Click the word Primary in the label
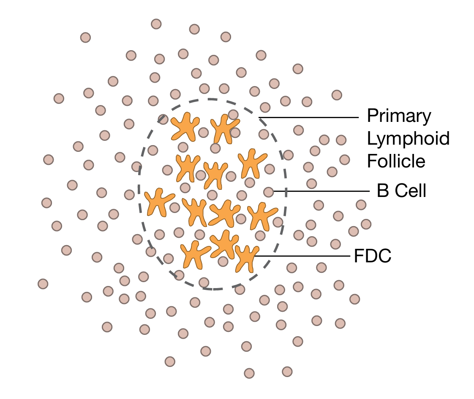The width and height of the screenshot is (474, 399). point(399,116)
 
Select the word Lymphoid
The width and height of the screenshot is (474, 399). point(408,139)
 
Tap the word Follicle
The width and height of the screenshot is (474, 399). point(396,161)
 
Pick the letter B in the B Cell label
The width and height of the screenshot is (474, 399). point(382,191)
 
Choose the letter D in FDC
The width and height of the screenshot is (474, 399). point(373,256)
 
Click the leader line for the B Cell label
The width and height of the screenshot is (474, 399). point(321,191)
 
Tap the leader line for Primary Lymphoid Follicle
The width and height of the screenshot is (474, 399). point(308,117)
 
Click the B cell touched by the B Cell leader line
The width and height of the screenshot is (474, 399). point(268,192)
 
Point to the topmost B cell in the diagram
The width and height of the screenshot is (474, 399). point(156,24)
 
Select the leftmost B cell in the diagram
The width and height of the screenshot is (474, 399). point(43,283)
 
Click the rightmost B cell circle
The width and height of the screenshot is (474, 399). point(366,224)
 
